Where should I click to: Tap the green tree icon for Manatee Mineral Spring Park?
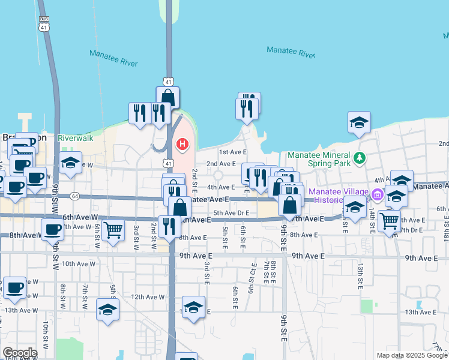point(359,158)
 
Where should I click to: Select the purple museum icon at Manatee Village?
point(377,194)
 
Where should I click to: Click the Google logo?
point(20,353)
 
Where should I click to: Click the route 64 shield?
point(74,196)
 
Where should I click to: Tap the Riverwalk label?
point(76,138)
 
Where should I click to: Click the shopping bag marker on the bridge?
point(168,97)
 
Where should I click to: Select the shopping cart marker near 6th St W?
point(113,230)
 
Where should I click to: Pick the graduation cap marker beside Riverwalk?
point(70,163)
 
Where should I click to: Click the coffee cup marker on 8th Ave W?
point(52,229)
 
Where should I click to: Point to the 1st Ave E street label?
point(233,152)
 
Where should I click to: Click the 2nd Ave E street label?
point(221,164)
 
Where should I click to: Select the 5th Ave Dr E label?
point(231,212)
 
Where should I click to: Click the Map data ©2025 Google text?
point(411,355)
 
